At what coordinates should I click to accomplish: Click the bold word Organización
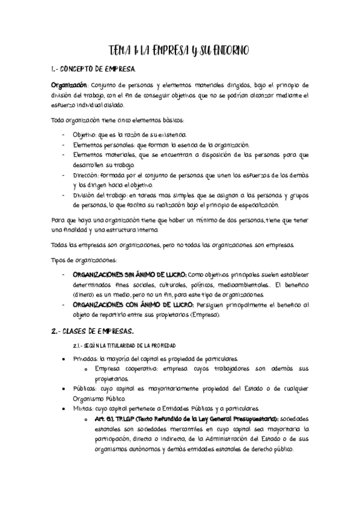point(68,85)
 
